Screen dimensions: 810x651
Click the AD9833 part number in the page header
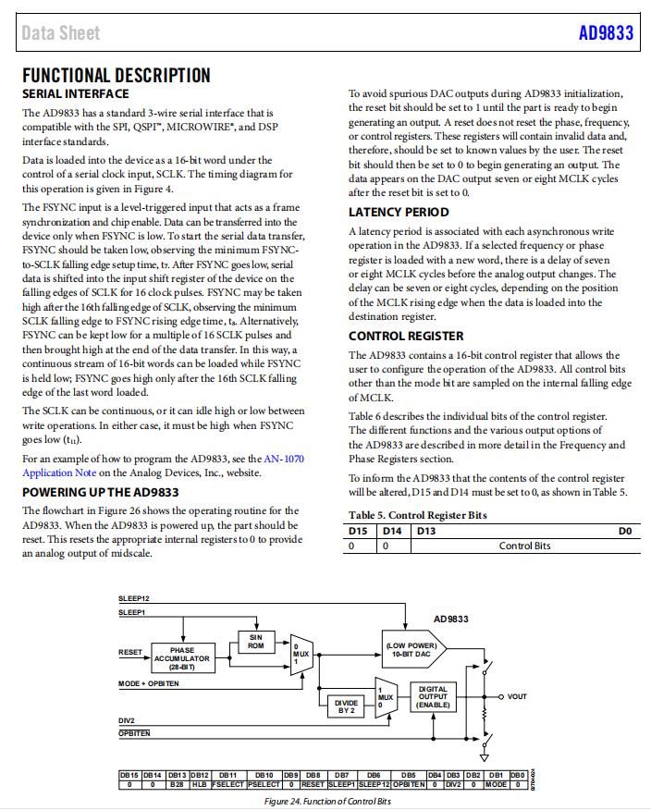[606, 32]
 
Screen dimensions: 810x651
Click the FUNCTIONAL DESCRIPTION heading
[116, 76]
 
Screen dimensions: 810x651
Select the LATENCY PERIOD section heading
[399, 212]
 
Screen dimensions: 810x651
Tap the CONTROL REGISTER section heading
[406, 337]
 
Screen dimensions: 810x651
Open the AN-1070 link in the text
[284, 459]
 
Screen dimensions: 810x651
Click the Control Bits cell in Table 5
[524, 546]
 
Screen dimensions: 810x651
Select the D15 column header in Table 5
[359, 531]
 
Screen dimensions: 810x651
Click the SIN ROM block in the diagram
[256, 641]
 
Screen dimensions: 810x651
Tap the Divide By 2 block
[345, 706]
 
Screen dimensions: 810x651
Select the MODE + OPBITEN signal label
[149, 683]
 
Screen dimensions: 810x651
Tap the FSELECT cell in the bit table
[227, 784]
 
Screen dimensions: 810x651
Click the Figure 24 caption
[327, 801]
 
